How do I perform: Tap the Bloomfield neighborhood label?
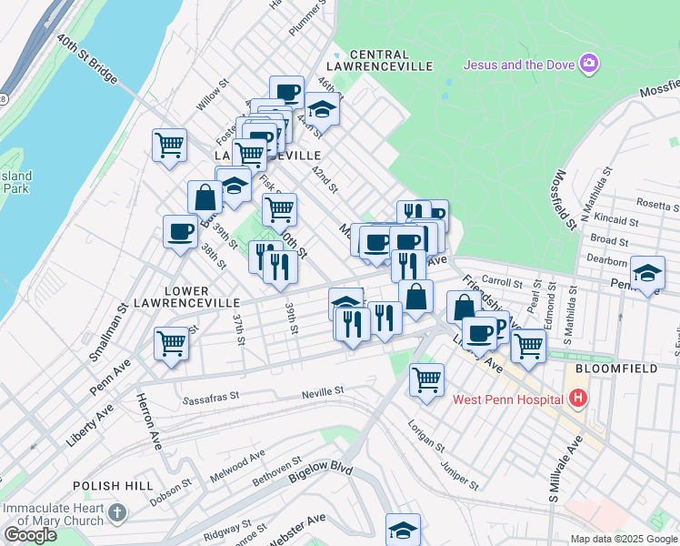point(619,369)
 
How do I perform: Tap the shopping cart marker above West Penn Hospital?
point(425,379)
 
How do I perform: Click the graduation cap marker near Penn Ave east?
point(646,273)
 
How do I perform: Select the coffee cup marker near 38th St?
point(179,231)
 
